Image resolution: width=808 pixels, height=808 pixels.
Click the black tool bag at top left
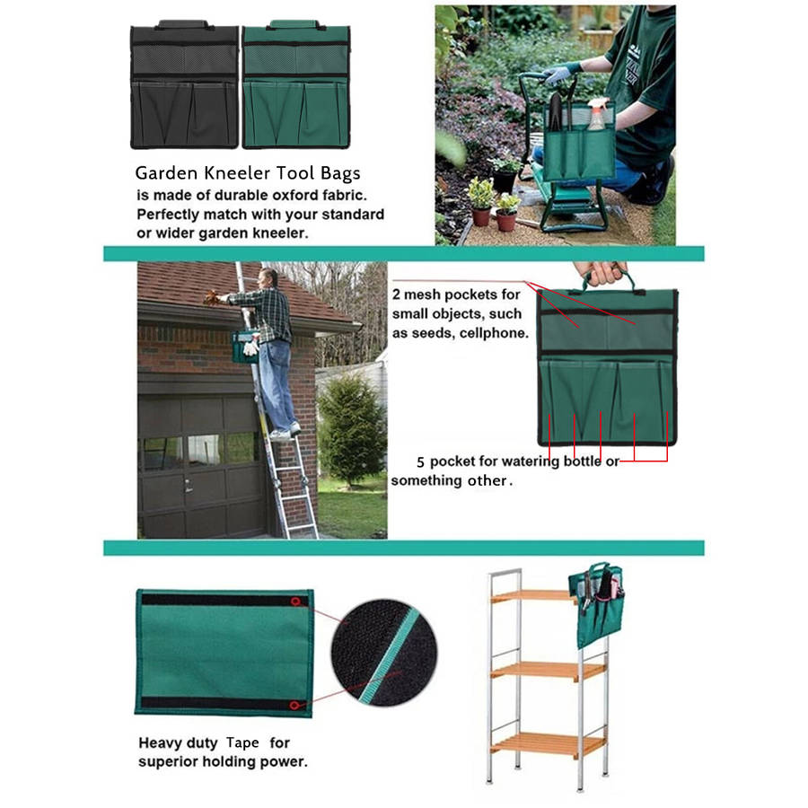point(184,85)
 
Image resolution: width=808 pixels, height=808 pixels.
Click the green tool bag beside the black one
point(296,85)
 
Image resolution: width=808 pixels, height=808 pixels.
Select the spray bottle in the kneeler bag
point(596,116)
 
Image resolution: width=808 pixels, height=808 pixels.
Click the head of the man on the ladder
point(268,278)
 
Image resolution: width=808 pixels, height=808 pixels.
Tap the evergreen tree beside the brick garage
point(351,427)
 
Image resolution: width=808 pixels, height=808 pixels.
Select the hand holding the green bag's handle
point(601,273)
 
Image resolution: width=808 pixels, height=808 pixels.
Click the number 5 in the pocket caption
point(420,461)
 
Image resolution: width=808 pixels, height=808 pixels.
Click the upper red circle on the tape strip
point(295,602)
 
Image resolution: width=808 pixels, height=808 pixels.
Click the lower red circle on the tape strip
point(294,705)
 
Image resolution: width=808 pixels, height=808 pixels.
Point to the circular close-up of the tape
point(384,653)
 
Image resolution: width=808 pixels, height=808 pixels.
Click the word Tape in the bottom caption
point(242,743)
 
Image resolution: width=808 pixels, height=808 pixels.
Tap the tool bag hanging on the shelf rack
point(596,604)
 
